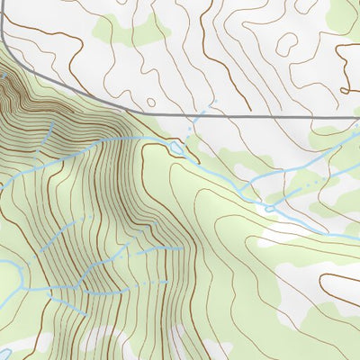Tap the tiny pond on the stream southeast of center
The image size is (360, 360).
[268, 208]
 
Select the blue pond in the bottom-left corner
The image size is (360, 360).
[3, 350]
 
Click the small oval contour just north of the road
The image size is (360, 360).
[150, 102]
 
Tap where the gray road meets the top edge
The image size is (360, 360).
[4, 3]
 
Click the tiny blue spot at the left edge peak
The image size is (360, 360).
[3, 79]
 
